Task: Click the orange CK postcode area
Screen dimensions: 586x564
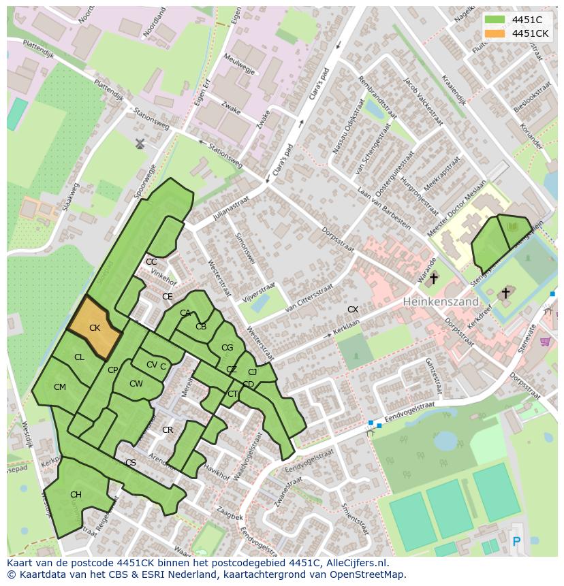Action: point(95,327)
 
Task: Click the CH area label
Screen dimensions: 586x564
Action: point(76,495)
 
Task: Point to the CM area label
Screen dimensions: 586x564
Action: point(60,387)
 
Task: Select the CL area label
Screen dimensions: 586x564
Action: point(79,357)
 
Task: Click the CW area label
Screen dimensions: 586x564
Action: point(136,384)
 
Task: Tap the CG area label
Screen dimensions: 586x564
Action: point(227,347)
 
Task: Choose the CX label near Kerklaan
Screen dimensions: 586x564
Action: point(353,310)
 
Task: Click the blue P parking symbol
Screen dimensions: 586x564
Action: point(516,542)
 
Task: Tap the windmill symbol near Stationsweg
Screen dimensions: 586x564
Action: point(140,144)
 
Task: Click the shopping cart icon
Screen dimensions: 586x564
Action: point(545,341)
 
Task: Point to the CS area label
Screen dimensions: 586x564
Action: point(131,463)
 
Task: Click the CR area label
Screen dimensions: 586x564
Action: point(168,430)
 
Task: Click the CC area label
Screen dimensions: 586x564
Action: point(151,262)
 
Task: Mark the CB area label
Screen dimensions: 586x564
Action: point(201,327)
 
